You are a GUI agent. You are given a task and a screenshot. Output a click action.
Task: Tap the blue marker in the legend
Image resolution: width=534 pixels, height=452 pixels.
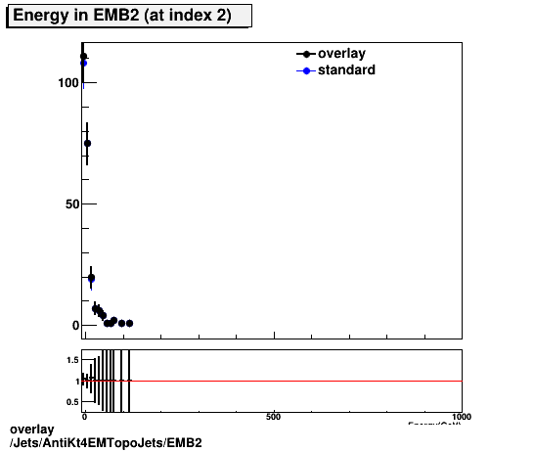pos(306,70)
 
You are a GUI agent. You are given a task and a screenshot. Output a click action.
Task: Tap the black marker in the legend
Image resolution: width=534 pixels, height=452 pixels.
pos(306,54)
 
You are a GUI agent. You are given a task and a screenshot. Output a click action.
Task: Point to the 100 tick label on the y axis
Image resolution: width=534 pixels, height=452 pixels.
pos(67,83)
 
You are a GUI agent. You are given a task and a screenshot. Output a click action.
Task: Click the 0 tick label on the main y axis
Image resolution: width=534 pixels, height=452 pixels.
pos(73,326)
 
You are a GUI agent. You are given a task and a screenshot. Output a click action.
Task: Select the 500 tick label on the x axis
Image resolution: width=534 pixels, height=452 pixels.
pos(274,416)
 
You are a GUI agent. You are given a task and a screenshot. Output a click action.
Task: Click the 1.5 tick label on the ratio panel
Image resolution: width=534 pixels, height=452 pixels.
pos(71,361)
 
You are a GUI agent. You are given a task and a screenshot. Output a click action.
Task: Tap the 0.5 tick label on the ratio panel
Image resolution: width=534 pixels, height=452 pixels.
pos(71,402)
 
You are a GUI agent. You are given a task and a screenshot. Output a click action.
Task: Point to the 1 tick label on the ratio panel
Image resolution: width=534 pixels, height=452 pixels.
pos(75,382)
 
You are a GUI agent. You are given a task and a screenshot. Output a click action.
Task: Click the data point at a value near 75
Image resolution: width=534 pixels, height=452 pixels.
pos(87,143)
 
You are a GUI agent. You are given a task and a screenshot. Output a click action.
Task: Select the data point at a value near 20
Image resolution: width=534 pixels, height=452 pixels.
pos(91,278)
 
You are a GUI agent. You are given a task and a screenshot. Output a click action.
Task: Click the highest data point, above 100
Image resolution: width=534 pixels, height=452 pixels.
pos(83,57)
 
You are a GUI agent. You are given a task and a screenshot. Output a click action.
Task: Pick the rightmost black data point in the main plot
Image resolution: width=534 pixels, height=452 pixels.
pos(129,323)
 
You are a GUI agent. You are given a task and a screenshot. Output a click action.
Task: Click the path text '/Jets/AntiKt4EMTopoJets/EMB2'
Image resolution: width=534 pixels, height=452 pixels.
pos(105,443)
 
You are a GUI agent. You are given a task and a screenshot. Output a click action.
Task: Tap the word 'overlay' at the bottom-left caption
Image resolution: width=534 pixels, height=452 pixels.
pos(31,429)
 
